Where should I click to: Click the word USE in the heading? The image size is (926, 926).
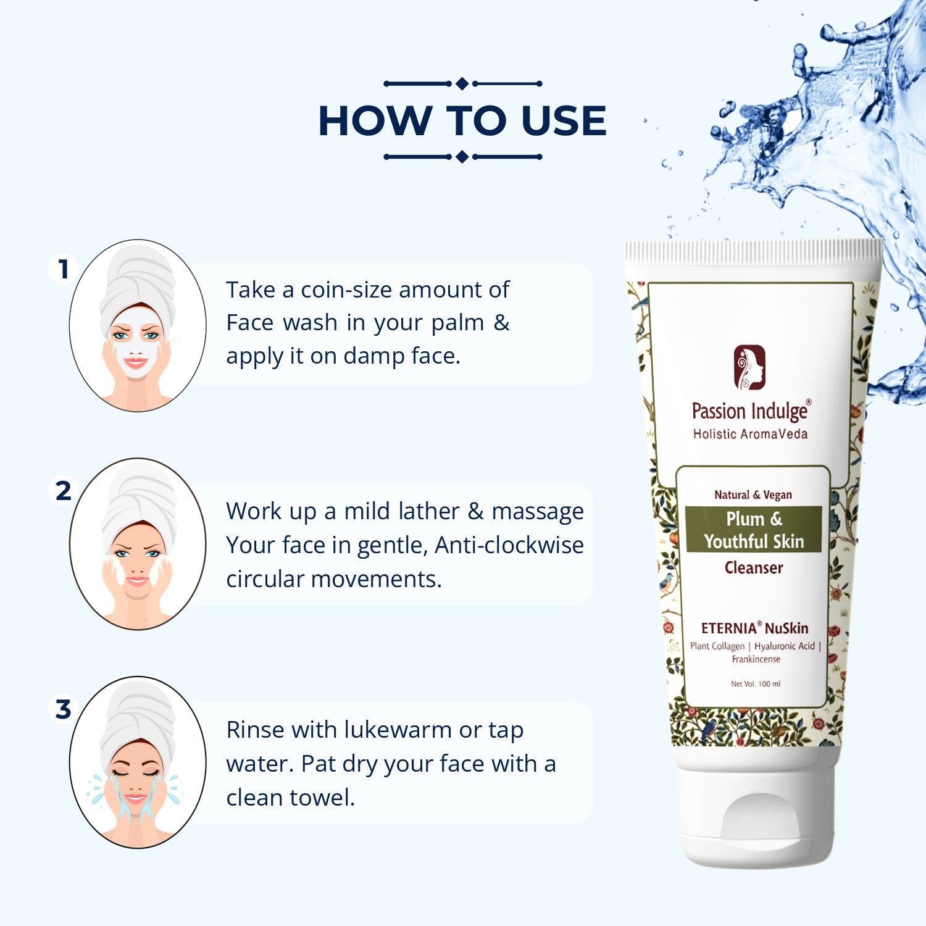564,120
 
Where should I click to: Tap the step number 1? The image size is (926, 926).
63,269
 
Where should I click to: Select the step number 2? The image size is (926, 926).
63,491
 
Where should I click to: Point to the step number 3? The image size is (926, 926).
63,709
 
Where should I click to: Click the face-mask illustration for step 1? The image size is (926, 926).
138,325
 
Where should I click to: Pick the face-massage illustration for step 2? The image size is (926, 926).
138,544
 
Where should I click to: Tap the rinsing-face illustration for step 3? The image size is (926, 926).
138,762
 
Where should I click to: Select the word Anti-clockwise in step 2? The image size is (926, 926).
509,545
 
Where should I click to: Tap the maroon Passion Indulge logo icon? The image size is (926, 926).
749,367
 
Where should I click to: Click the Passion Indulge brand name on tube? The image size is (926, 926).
751,411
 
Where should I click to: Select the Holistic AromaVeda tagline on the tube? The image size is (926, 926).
750,434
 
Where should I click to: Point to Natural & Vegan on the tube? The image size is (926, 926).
753,494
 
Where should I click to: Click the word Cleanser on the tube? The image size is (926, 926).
754,567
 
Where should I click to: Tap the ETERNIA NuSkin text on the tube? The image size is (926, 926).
754,628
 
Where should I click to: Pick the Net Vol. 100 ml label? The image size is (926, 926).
756,684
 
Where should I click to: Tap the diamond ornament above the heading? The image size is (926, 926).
462,84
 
